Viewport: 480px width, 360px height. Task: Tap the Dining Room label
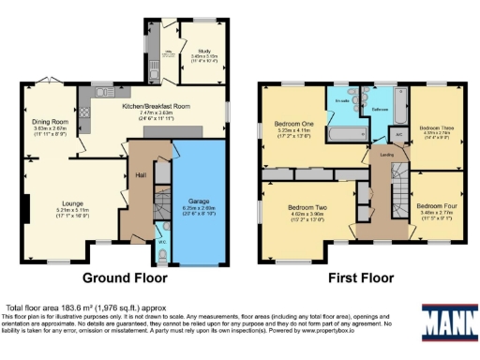coord(51,122)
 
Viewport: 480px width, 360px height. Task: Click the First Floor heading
coord(358,278)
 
